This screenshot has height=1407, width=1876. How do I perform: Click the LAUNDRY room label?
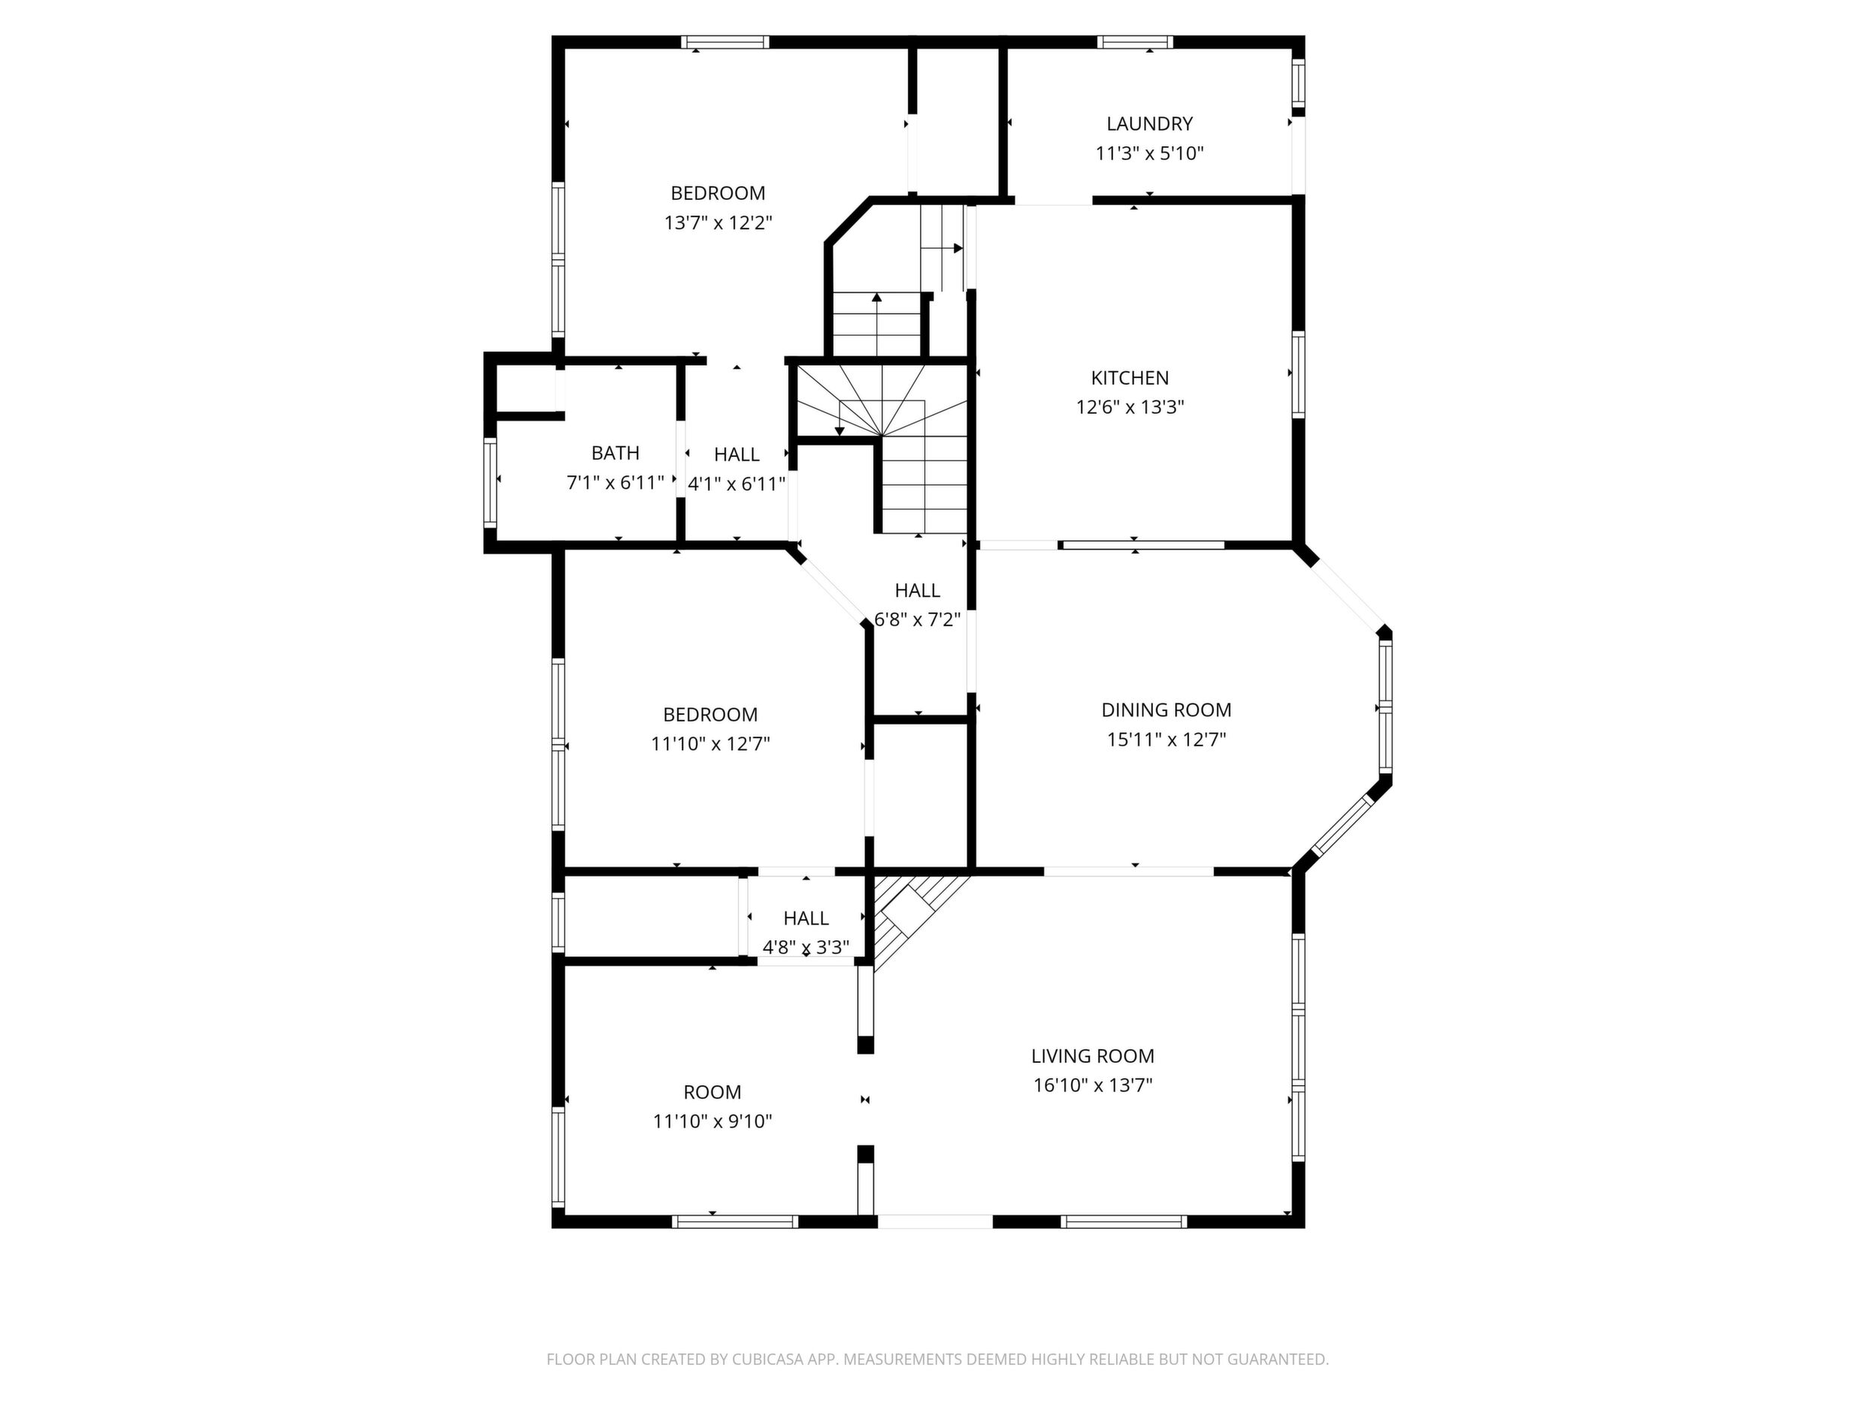coord(1149,124)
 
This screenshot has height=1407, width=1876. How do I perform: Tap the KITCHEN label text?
coord(1130,377)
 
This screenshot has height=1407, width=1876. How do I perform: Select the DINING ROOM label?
coord(1166,710)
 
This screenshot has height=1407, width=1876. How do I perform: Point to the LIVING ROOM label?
coord(1092,1056)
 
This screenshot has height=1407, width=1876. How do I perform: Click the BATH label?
coord(616,453)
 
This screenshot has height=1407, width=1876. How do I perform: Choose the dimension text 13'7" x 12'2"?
coord(719,223)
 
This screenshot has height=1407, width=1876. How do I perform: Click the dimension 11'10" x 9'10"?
coord(713,1121)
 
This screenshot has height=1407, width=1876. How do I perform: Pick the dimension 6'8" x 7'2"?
coord(918,620)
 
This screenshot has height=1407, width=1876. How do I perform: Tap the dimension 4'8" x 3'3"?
coord(806,947)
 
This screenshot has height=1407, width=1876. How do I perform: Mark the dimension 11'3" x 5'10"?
coord(1150,153)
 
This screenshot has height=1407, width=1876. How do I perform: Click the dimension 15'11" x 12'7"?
coord(1166,740)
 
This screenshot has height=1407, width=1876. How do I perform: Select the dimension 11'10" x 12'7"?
coord(711,744)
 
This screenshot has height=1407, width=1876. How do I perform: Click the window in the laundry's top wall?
coord(1135,41)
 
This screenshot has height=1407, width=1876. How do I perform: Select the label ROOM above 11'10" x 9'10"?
coord(713,1092)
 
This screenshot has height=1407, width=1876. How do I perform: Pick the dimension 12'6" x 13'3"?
coord(1130,407)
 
